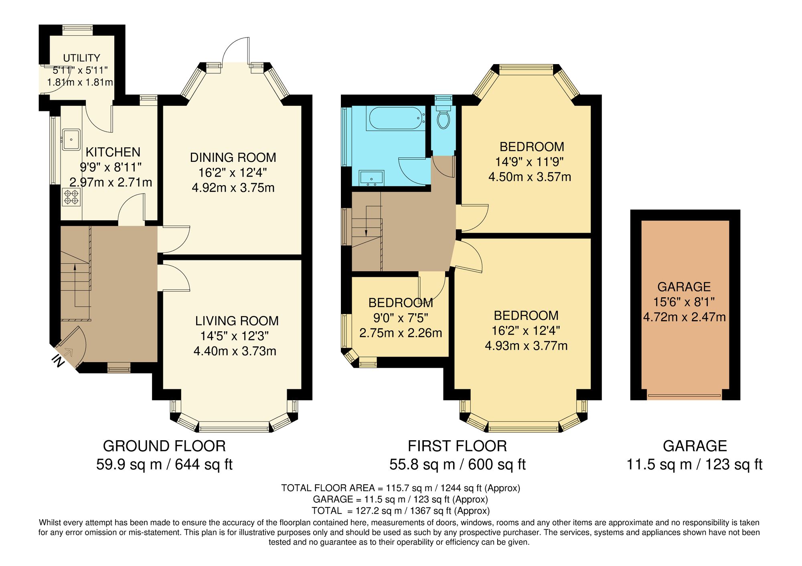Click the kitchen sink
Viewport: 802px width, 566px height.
(71, 139)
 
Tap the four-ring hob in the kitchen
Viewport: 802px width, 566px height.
(71, 197)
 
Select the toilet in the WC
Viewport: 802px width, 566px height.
(443, 119)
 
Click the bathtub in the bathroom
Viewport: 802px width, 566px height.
(395, 118)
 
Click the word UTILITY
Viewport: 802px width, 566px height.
(81, 58)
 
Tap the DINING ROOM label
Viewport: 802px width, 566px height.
(233, 157)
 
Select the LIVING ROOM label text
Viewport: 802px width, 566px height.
(237, 321)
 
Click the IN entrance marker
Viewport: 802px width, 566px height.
(59, 361)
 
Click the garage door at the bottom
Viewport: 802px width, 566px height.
(684, 396)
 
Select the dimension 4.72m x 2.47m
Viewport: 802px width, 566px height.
(685, 317)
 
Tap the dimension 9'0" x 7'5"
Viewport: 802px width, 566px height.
(401, 318)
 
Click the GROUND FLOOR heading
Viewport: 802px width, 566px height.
(164, 446)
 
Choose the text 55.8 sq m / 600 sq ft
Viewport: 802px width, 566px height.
(457, 465)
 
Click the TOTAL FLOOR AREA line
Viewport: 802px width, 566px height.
(400, 488)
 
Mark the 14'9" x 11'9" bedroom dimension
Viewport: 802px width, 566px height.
(529, 162)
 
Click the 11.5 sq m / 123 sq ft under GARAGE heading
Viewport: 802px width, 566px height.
(694, 465)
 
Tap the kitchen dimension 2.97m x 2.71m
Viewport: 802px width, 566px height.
(111, 183)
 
